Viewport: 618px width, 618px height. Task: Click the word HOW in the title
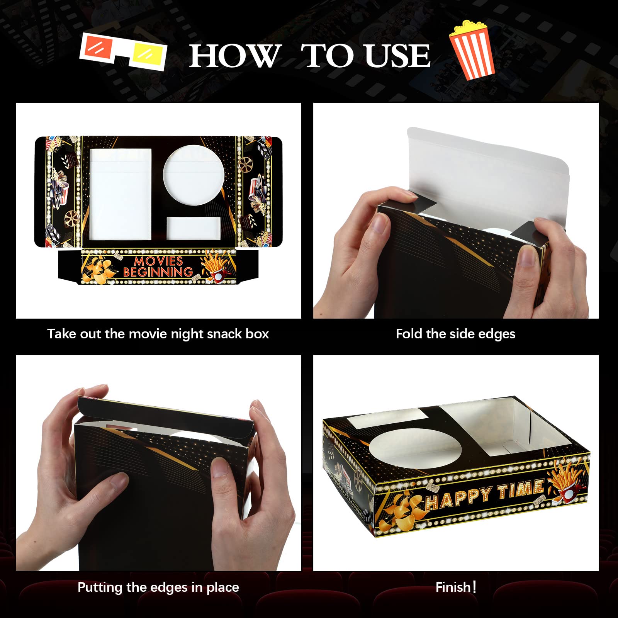coord(234,56)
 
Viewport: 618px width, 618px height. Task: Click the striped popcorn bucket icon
coord(473,50)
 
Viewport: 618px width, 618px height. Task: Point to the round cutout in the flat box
coord(194,176)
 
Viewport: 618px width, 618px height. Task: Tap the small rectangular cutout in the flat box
coord(194,228)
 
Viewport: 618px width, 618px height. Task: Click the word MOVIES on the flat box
coord(158,261)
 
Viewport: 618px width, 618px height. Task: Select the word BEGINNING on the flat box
coord(158,272)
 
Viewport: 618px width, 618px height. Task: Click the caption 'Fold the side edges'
coord(455,334)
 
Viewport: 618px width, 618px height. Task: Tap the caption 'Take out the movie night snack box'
coord(158,334)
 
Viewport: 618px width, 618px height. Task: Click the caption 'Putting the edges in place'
coord(158,587)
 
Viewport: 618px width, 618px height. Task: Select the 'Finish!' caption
coord(455,587)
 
